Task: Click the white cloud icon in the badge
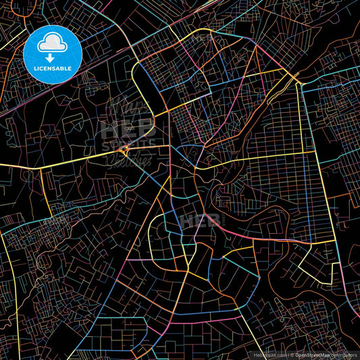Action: point(52,45)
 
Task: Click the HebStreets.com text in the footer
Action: point(269,353)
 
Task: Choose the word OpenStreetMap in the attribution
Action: point(314,353)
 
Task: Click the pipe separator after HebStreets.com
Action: point(288,353)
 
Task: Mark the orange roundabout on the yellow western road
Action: point(125,148)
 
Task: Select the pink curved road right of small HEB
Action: point(236,233)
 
